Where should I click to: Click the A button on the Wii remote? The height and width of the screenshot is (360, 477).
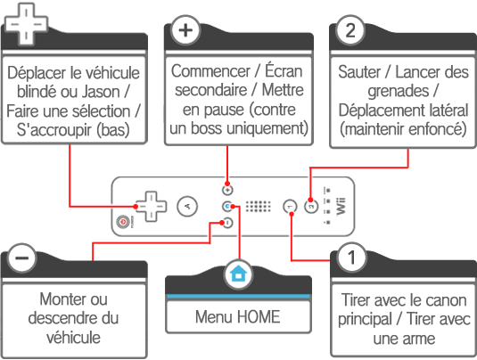[187, 207]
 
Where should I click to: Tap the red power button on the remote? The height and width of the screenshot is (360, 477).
[123, 222]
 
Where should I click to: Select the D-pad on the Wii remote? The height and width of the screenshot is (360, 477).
[151, 207]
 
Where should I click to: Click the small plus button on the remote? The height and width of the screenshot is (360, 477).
[227, 191]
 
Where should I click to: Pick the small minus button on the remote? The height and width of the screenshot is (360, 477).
[227, 223]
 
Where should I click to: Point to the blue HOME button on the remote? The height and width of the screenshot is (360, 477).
[227, 207]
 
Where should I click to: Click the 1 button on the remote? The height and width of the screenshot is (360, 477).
[290, 207]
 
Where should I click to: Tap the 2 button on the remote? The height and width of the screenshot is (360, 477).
[311, 207]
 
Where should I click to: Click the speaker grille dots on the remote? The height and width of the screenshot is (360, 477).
[258, 207]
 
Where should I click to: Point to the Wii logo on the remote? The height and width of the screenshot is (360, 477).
[341, 207]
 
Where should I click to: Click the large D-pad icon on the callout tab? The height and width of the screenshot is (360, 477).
[27, 23]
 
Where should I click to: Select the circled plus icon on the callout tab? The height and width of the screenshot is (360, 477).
[185, 30]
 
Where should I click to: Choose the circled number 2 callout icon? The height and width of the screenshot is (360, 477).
[350, 30]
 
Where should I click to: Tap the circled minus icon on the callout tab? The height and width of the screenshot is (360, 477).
[22, 258]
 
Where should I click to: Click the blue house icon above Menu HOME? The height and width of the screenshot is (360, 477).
[238, 274]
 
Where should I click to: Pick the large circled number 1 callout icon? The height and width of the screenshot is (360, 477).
[351, 258]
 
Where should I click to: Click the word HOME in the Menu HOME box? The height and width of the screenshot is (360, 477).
[259, 317]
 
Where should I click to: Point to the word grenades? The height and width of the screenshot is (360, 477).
[399, 91]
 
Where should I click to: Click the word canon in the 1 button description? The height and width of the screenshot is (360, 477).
[446, 300]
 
